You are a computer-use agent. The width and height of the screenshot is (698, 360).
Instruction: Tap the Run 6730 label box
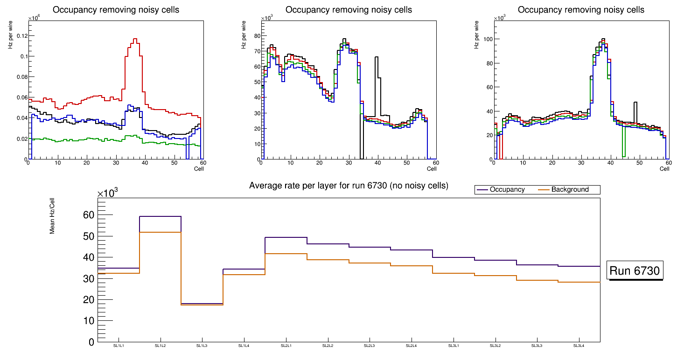coord(635,271)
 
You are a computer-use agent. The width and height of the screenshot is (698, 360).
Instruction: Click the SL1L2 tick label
coord(161,346)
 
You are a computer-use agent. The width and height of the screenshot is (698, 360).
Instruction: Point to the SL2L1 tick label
coord(286,346)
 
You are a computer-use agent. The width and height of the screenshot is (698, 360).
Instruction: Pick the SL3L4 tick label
coord(579,346)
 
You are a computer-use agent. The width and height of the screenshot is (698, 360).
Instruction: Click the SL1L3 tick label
coord(202,346)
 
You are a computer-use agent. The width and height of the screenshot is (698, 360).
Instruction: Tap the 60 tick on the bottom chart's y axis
coord(88,215)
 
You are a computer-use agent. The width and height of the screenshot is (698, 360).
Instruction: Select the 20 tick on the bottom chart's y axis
coord(88,299)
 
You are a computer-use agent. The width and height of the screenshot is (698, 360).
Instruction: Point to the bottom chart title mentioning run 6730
coord(349,186)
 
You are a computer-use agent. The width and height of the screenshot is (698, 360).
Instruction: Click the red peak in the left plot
coord(135,39)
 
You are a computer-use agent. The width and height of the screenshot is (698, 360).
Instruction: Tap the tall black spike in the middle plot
coord(377,57)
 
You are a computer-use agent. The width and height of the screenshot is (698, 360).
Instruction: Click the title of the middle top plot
coord(349,10)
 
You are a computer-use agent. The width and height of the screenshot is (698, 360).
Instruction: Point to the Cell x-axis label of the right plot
coord(664,169)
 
